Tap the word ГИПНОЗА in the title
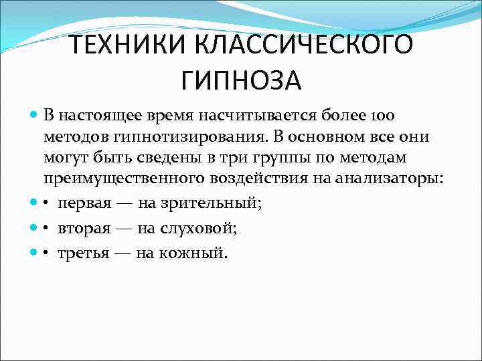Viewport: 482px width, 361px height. click(241, 81)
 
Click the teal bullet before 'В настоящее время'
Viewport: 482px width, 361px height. click(34, 115)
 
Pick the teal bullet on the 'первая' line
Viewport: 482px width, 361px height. click(34, 203)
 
